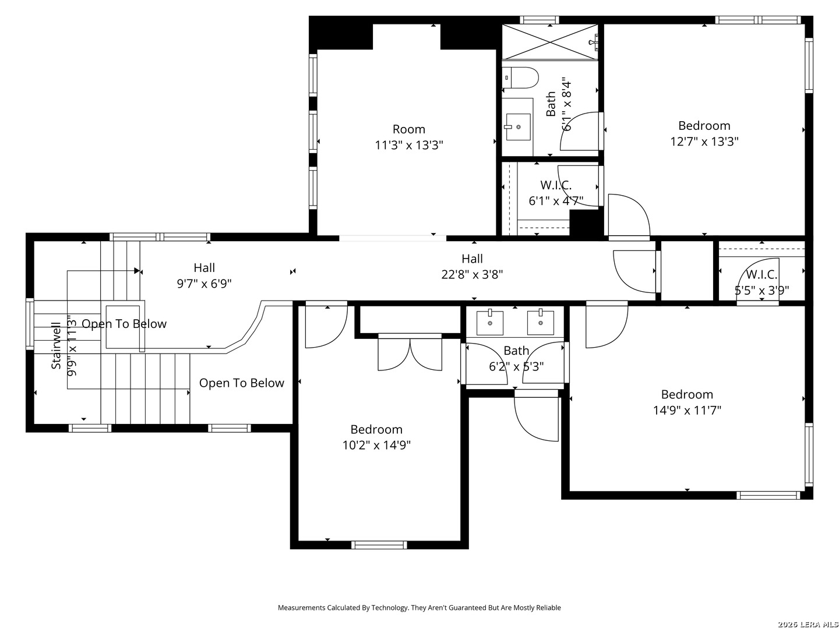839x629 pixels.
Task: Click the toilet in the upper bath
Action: click(x=520, y=78)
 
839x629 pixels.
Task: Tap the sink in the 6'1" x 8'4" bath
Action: click(x=518, y=127)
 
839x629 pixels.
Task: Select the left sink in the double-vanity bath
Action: click(x=489, y=322)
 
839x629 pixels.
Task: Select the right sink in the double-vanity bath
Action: click(x=541, y=322)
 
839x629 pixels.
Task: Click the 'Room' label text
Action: click(x=408, y=129)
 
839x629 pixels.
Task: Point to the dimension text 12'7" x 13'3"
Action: click(x=704, y=142)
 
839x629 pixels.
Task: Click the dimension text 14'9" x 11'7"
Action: click(x=687, y=410)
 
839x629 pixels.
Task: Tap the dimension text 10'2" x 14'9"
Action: click(x=376, y=446)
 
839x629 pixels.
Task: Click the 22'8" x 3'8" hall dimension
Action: click(x=472, y=274)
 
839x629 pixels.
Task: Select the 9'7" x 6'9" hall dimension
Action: click(x=204, y=284)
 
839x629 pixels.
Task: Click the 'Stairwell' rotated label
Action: click(x=56, y=345)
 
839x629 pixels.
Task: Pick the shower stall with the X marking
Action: click(x=549, y=42)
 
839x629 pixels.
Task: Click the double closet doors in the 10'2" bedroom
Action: click(x=410, y=354)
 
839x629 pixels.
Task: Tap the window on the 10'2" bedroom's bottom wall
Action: click(x=379, y=545)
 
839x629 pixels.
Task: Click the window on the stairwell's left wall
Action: click(x=30, y=324)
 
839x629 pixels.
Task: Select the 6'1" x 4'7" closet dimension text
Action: click(x=556, y=201)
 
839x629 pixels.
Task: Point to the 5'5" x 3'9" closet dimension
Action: click(x=762, y=291)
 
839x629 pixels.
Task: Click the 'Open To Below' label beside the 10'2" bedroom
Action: click(x=242, y=383)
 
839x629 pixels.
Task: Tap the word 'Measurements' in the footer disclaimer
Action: click(x=302, y=607)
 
